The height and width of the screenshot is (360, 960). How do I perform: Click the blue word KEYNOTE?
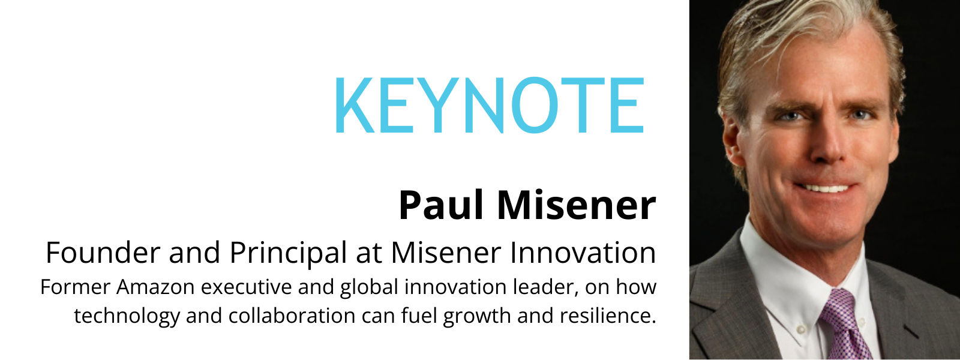tap(489, 106)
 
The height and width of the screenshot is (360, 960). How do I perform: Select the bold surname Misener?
tap(576, 206)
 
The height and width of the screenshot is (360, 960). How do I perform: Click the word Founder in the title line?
tap(103, 253)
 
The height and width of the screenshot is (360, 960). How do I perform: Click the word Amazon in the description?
tap(155, 287)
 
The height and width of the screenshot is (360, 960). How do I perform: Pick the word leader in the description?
tap(546, 287)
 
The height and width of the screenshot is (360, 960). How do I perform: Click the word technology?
tap(126, 316)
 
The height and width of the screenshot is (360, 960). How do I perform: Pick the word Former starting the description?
tap(75, 287)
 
